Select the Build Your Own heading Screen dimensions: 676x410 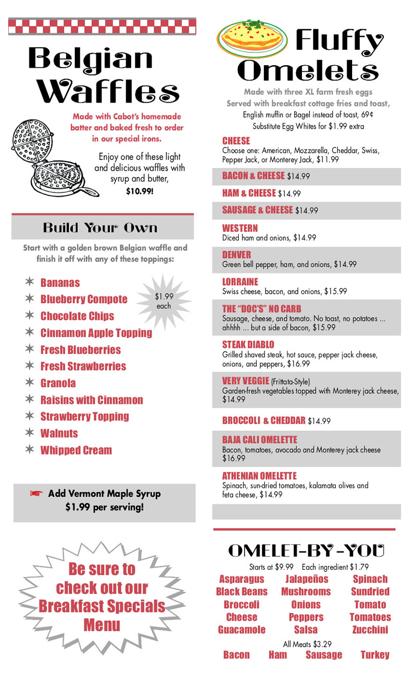[100, 227]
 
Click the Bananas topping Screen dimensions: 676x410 [60, 283]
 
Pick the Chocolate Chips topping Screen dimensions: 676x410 [77, 316]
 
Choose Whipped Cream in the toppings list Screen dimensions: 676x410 [76, 450]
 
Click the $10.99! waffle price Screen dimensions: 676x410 [140, 192]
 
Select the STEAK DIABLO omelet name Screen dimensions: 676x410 [248, 344]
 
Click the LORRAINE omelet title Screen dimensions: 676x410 [240, 282]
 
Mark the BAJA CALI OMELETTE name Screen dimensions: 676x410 [259, 440]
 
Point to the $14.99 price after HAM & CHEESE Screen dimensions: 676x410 [289, 194]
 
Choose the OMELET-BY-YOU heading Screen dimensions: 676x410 [306, 550]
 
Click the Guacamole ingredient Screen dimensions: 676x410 [241, 629]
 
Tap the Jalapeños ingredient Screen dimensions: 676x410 [306, 579]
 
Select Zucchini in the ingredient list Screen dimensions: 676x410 [370, 629]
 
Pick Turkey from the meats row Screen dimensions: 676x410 [375, 654]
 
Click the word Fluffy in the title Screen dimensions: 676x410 [339, 42]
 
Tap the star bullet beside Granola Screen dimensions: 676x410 [30, 383]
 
